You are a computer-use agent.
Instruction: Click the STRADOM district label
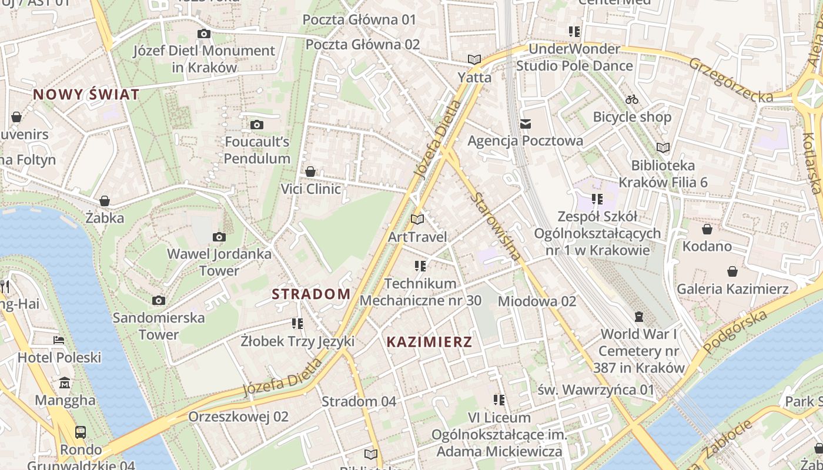point(311,294)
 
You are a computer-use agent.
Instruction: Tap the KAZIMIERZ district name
point(429,342)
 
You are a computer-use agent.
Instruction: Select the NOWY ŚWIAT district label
point(86,95)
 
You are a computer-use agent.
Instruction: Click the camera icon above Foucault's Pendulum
point(257,125)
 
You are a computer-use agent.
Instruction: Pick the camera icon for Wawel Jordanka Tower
point(219,237)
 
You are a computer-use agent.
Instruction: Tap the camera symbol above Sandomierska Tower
point(158,301)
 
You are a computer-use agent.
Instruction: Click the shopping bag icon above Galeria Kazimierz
point(732,271)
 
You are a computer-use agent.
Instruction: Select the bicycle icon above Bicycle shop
point(632,99)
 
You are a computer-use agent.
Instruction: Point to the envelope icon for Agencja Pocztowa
point(526,123)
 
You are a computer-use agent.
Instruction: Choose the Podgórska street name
point(735,332)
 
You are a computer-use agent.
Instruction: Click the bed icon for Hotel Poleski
point(59,340)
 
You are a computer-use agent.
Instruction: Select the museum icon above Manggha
point(65,384)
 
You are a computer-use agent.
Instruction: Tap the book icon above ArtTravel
point(417,220)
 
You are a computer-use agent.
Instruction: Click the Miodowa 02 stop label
point(537,301)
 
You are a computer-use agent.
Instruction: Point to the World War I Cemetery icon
point(639,317)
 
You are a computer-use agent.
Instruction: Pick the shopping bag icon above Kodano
point(707,229)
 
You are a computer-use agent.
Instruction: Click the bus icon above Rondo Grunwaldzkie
point(81,432)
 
